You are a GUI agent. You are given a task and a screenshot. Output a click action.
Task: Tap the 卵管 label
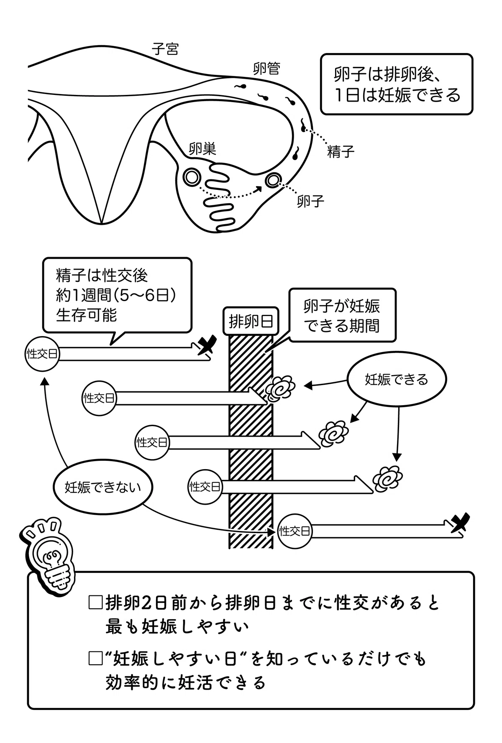266,68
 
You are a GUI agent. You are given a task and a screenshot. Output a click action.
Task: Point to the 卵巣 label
202,148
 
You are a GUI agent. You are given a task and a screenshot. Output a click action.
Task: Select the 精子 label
341,151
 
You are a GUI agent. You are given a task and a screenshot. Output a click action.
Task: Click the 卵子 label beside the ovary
310,201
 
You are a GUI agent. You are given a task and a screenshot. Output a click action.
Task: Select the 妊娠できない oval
103,487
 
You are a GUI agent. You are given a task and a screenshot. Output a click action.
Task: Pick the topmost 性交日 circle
42,354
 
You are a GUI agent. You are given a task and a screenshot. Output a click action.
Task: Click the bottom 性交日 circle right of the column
295,531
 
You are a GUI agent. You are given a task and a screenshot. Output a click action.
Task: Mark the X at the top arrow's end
207,345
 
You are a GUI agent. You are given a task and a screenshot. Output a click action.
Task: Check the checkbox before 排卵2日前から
95,603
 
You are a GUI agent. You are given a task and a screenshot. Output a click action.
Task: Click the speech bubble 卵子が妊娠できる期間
342,315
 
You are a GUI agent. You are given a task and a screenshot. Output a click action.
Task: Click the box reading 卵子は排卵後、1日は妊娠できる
397,84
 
